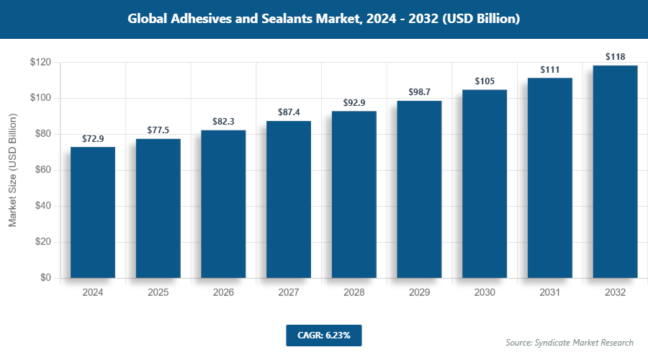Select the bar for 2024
pyautogui.click(x=93, y=212)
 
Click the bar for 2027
pyautogui.click(x=289, y=199)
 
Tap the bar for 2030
pyautogui.click(x=485, y=184)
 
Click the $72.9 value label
pyautogui.click(x=93, y=138)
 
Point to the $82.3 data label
pyautogui.click(x=223, y=121)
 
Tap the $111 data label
pyautogui.click(x=549, y=69)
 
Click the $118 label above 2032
pyautogui.click(x=615, y=56)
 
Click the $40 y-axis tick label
pyautogui.click(x=42, y=206)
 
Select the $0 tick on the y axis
pyautogui.click(x=45, y=278)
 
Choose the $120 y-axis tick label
pyautogui.click(x=40, y=63)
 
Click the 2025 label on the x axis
pyautogui.click(x=158, y=293)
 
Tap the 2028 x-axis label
pyautogui.click(x=354, y=293)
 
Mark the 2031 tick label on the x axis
pyautogui.click(x=549, y=293)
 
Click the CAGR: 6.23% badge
pyautogui.click(x=323, y=335)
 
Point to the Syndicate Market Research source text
pyautogui.click(x=569, y=342)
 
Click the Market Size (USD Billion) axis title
pyautogui.click(x=12, y=170)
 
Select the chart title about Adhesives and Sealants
pyautogui.click(x=323, y=19)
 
